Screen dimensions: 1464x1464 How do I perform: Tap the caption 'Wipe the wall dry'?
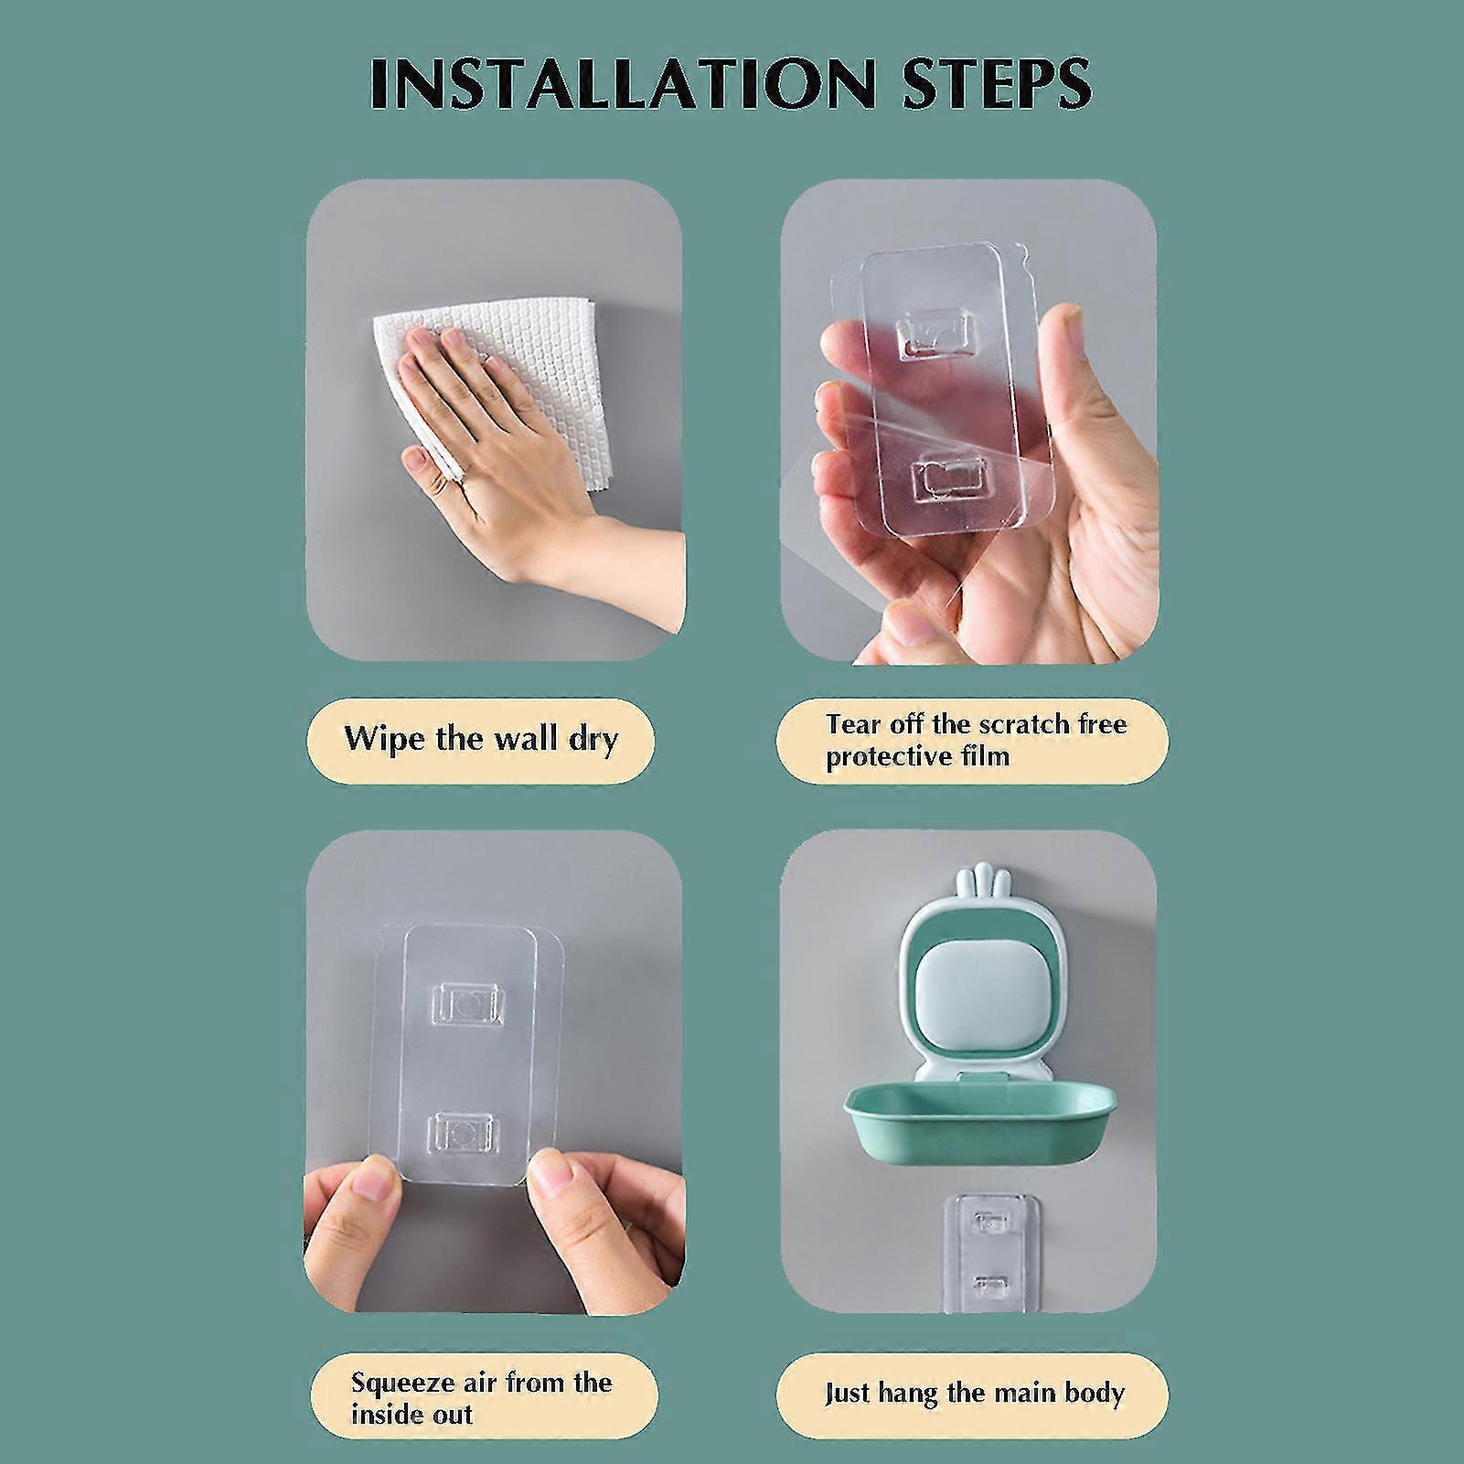click(x=481, y=738)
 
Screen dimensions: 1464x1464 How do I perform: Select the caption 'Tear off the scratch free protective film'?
click(x=976, y=741)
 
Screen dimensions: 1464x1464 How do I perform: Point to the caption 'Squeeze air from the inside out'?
click(x=481, y=1396)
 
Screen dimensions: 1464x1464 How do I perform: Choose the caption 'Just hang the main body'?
click(x=974, y=1393)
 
